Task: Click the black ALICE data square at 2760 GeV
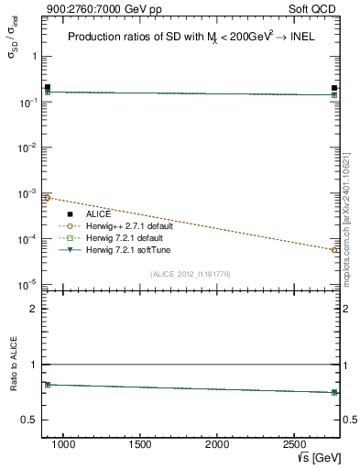point(334,88)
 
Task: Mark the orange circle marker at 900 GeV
point(48,198)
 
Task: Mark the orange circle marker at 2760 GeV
point(334,249)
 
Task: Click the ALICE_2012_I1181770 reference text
point(190,273)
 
